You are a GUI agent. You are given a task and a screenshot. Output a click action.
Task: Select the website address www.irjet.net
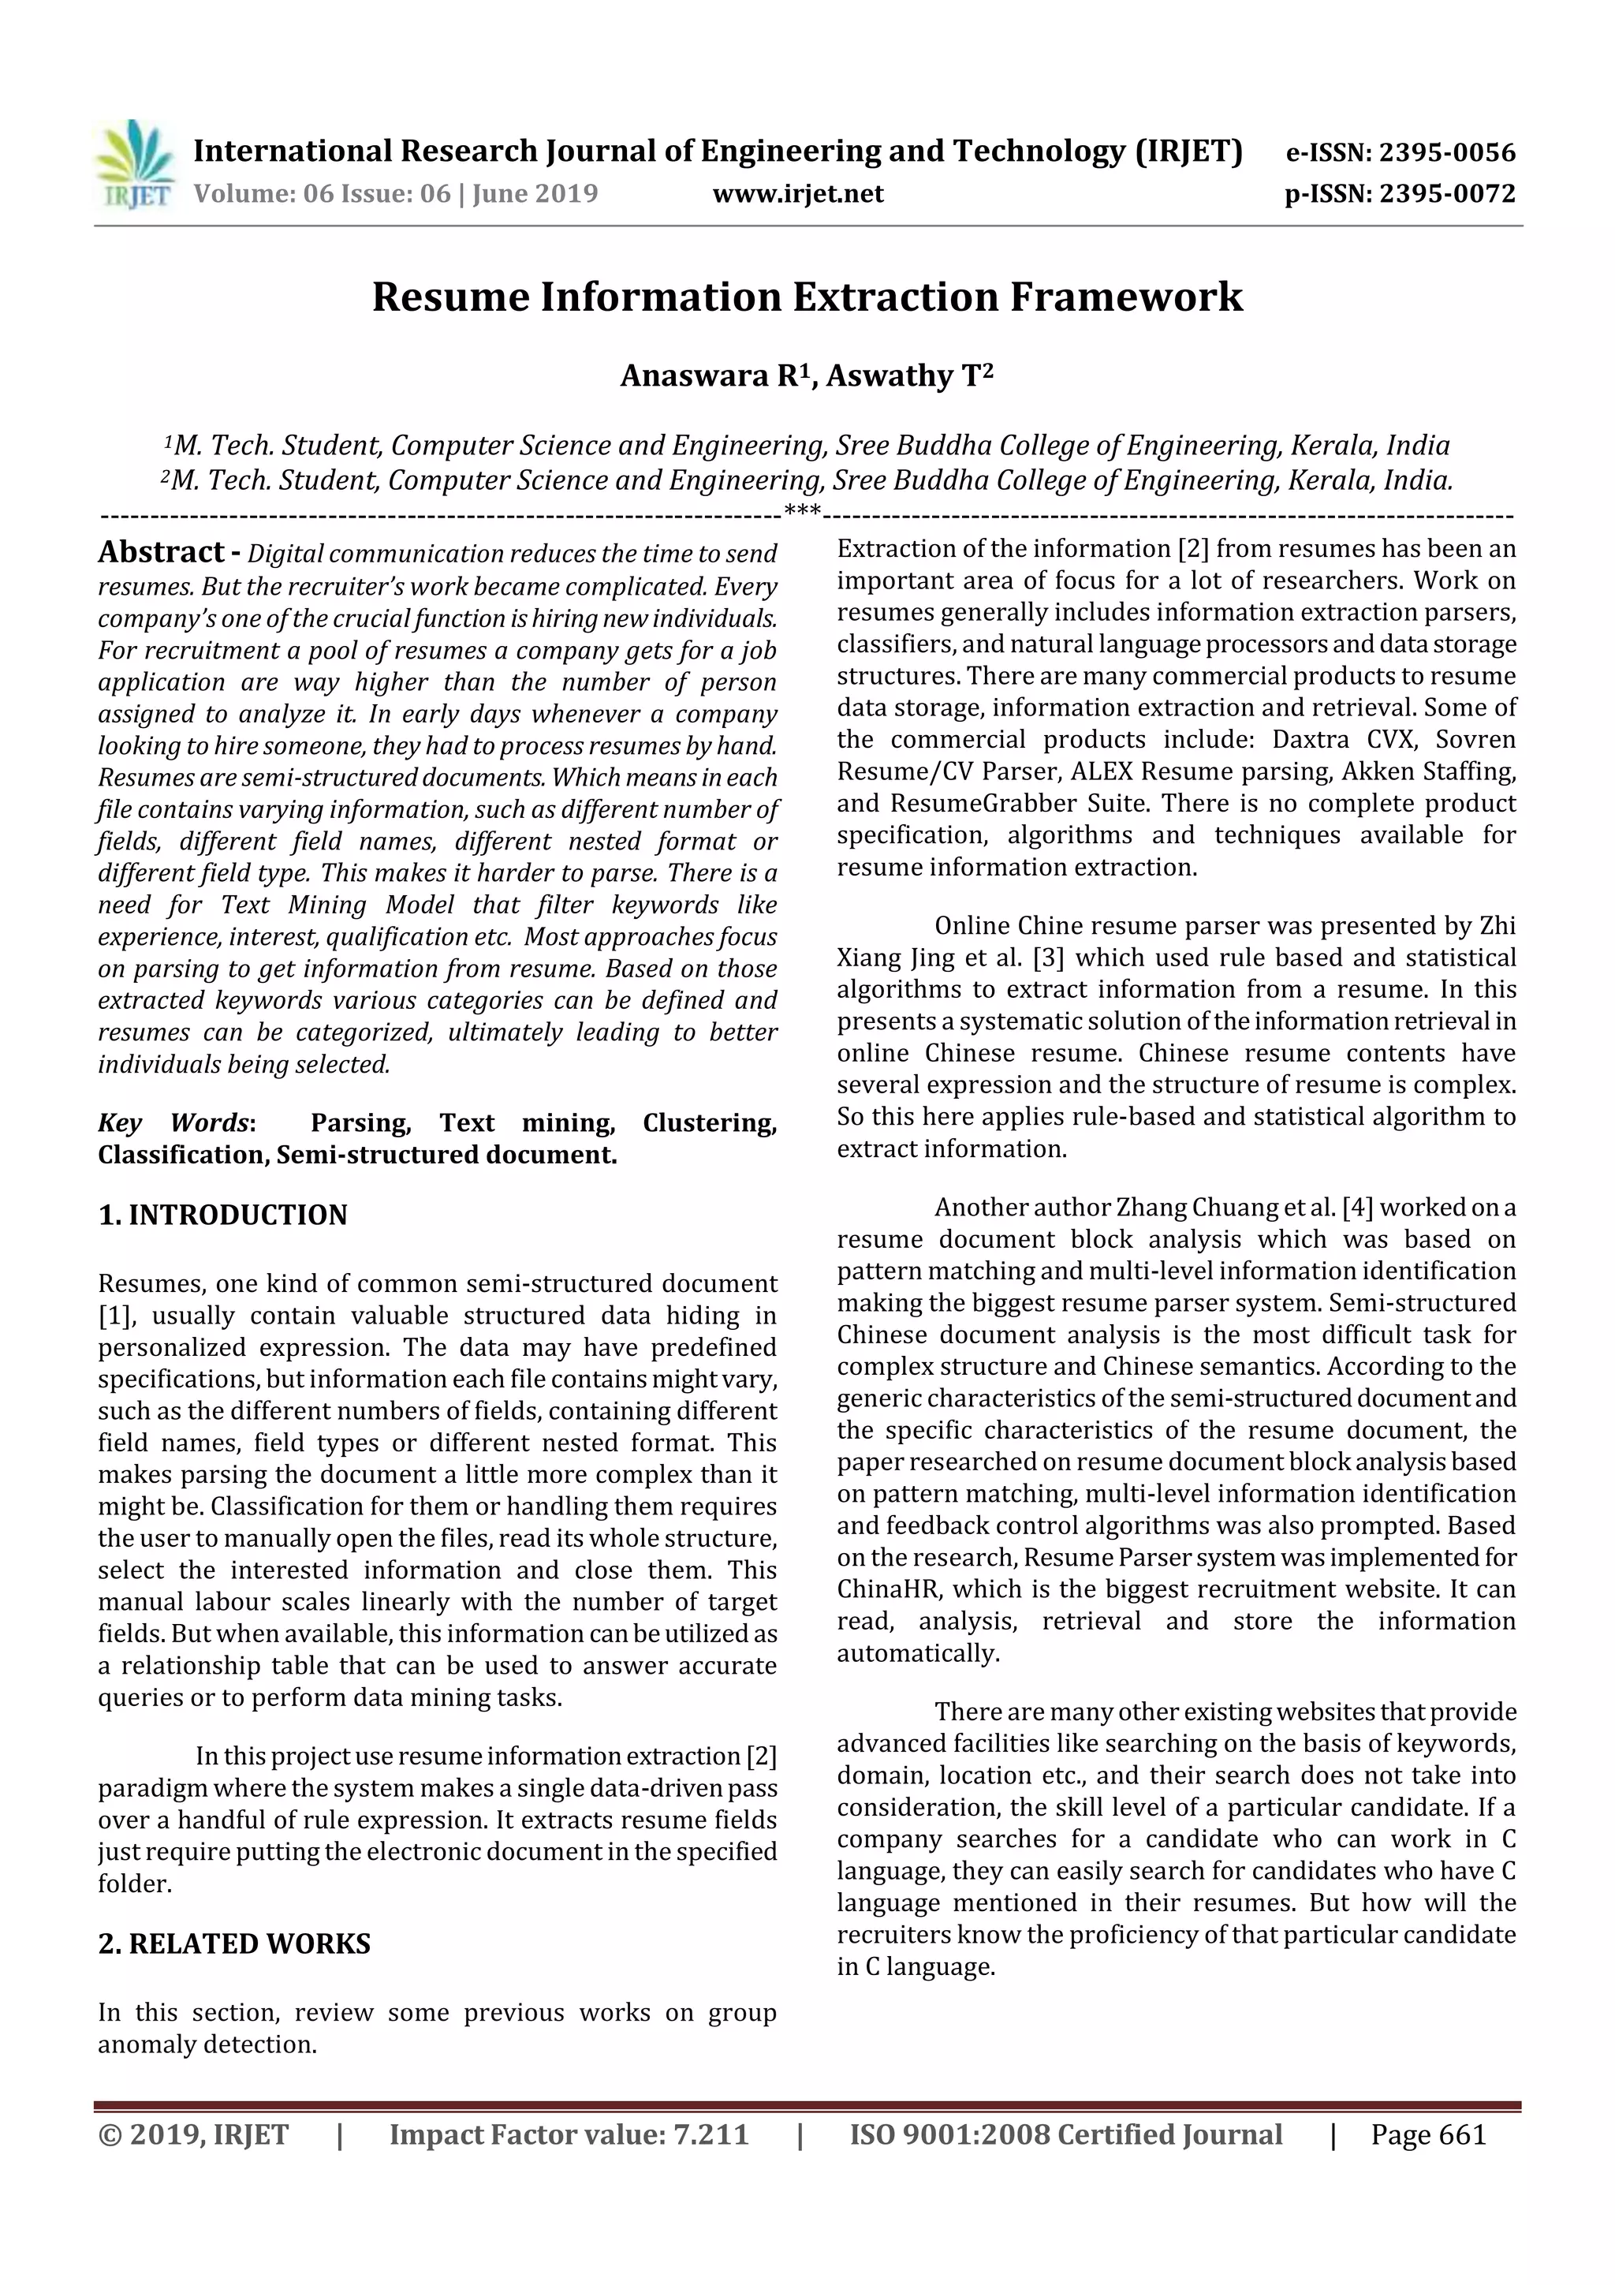pos(797,194)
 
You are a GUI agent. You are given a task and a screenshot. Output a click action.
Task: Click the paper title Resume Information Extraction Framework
pos(807,297)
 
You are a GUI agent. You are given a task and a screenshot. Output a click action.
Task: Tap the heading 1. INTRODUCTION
pos(223,1215)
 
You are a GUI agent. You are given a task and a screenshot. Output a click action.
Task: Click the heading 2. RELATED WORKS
pos(234,1943)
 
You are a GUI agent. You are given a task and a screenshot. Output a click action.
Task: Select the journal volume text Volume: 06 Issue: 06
pos(322,194)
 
